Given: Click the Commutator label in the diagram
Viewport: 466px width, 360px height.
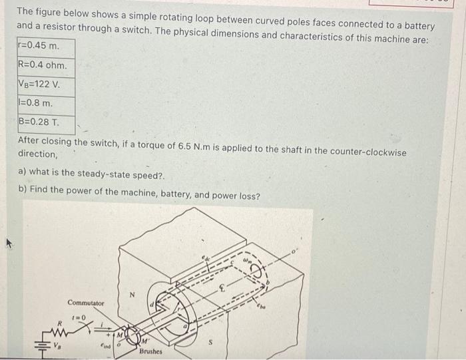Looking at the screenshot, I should click(86, 303).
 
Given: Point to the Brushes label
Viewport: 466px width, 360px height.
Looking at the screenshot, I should click(150, 350).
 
